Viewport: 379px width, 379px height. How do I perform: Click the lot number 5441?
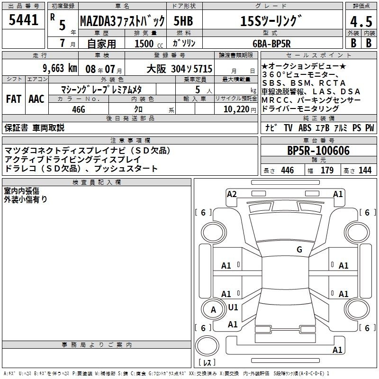tap(23, 20)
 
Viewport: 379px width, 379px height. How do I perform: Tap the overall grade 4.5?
tap(361, 21)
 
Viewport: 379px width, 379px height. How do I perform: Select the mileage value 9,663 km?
tap(60, 68)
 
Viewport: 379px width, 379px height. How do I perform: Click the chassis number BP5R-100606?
tap(318, 150)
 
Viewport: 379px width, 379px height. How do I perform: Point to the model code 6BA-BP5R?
tap(271, 44)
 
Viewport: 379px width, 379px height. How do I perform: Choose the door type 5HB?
tap(183, 21)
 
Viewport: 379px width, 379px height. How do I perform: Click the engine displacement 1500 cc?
tap(149, 44)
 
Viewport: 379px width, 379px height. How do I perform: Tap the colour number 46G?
tap(79, 109)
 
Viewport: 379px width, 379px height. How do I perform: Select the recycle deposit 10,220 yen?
tap(240, 109)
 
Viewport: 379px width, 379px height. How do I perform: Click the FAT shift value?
tap(14, 99)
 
